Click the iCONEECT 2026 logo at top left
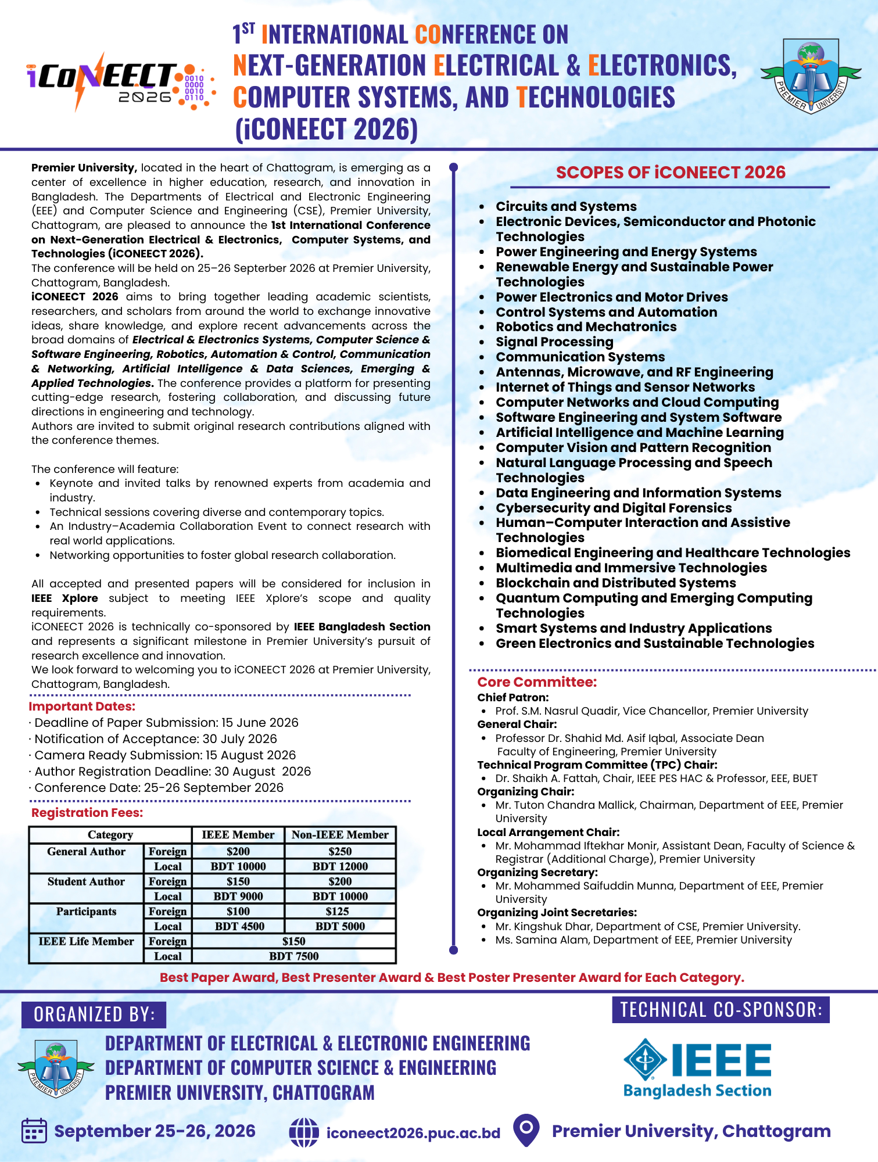(119, 81)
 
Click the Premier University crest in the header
(811, 76)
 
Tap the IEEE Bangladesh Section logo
(697, 1068)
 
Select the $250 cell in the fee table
(340, 851)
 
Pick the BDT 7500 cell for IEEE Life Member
(293, 956)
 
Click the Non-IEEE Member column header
(340, 835)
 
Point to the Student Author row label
(86, 881)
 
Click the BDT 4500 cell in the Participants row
(239, 926)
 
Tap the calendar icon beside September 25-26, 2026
(34, 1131)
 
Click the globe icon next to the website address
(304, 1132)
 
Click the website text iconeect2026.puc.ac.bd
(413, 1133)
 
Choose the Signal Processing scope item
(554, 342)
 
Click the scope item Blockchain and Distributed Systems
(615, 583)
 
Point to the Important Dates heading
(82, 706)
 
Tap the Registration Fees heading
(87, 813)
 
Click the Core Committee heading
(537, 682)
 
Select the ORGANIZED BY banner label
(94, 1014)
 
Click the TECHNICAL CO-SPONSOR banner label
(721, 1010)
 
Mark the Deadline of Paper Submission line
(166, 723)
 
